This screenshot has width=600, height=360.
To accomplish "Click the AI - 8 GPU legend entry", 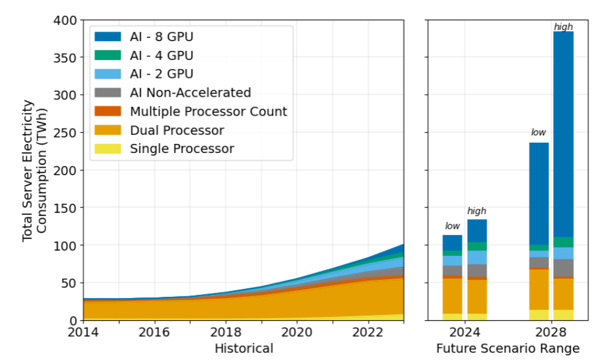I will coord(162,37).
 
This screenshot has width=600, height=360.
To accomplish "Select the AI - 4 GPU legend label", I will coord(162,56).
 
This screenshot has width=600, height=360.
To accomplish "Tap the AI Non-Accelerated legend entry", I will coord(190,93).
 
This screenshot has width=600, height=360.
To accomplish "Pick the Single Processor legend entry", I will coord(182,149).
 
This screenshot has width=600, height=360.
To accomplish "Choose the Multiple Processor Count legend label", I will coord(208,111).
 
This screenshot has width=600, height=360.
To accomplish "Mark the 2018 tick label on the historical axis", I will coord(226,332).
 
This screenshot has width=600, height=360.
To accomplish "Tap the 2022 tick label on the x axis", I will coord(369,332).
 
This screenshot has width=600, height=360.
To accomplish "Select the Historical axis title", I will coord(244,348).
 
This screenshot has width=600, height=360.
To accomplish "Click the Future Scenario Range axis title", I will coord(508,348).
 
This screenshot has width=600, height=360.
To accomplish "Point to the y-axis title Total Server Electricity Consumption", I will coord(34,170).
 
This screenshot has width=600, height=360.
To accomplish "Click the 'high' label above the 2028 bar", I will coord(563,27).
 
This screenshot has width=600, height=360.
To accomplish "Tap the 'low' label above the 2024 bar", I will coord(452,227).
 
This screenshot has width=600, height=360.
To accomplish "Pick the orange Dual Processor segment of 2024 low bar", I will coord(452,296).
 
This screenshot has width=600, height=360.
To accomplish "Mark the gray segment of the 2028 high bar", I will coord(563,268).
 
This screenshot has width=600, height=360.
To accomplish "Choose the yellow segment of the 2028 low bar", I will coord(539,315).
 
